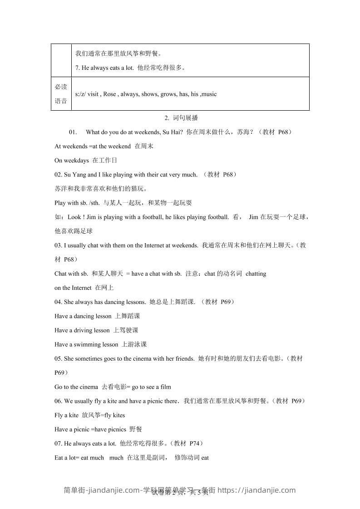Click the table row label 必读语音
click(61, 94)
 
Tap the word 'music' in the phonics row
click(209, 94)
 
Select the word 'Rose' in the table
click(109, 94)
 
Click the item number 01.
click(73, 132)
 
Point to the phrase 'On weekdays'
click(72, 161)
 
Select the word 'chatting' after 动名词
click(256, 274)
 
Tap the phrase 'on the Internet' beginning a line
click(73, 288)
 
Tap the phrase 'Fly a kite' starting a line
click(67, 415)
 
